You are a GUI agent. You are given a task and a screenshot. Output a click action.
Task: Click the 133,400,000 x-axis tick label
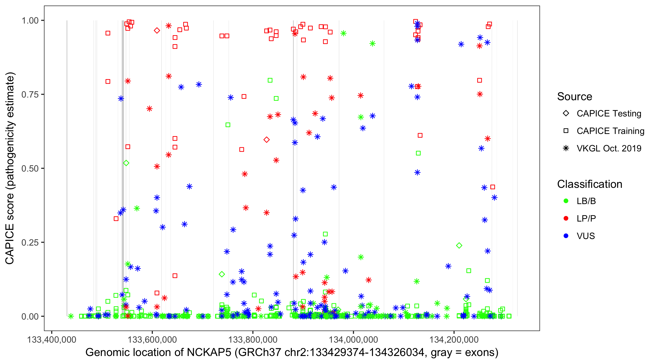tap(52, 339)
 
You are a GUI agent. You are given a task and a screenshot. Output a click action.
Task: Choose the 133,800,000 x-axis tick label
tap(253, 339)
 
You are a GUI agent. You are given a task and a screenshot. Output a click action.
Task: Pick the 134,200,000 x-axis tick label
tap(454, 339)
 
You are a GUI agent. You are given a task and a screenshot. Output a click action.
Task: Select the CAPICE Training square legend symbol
tap(566, 131)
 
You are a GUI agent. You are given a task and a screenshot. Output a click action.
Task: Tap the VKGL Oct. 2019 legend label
tap(609, 149)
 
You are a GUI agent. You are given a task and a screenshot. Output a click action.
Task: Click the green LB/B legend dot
tap(566, 201)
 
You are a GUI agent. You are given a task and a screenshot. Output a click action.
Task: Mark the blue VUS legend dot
tap(566, 236)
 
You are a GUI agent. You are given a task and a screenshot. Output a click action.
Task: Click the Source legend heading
tap(575, 97)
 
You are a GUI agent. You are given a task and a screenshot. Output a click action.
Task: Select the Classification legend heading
tap(589, 184)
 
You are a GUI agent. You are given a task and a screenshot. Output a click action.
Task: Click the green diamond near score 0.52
tap(126, 163)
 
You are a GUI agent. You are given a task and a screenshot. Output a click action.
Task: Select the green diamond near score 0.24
tap(459, 246)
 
